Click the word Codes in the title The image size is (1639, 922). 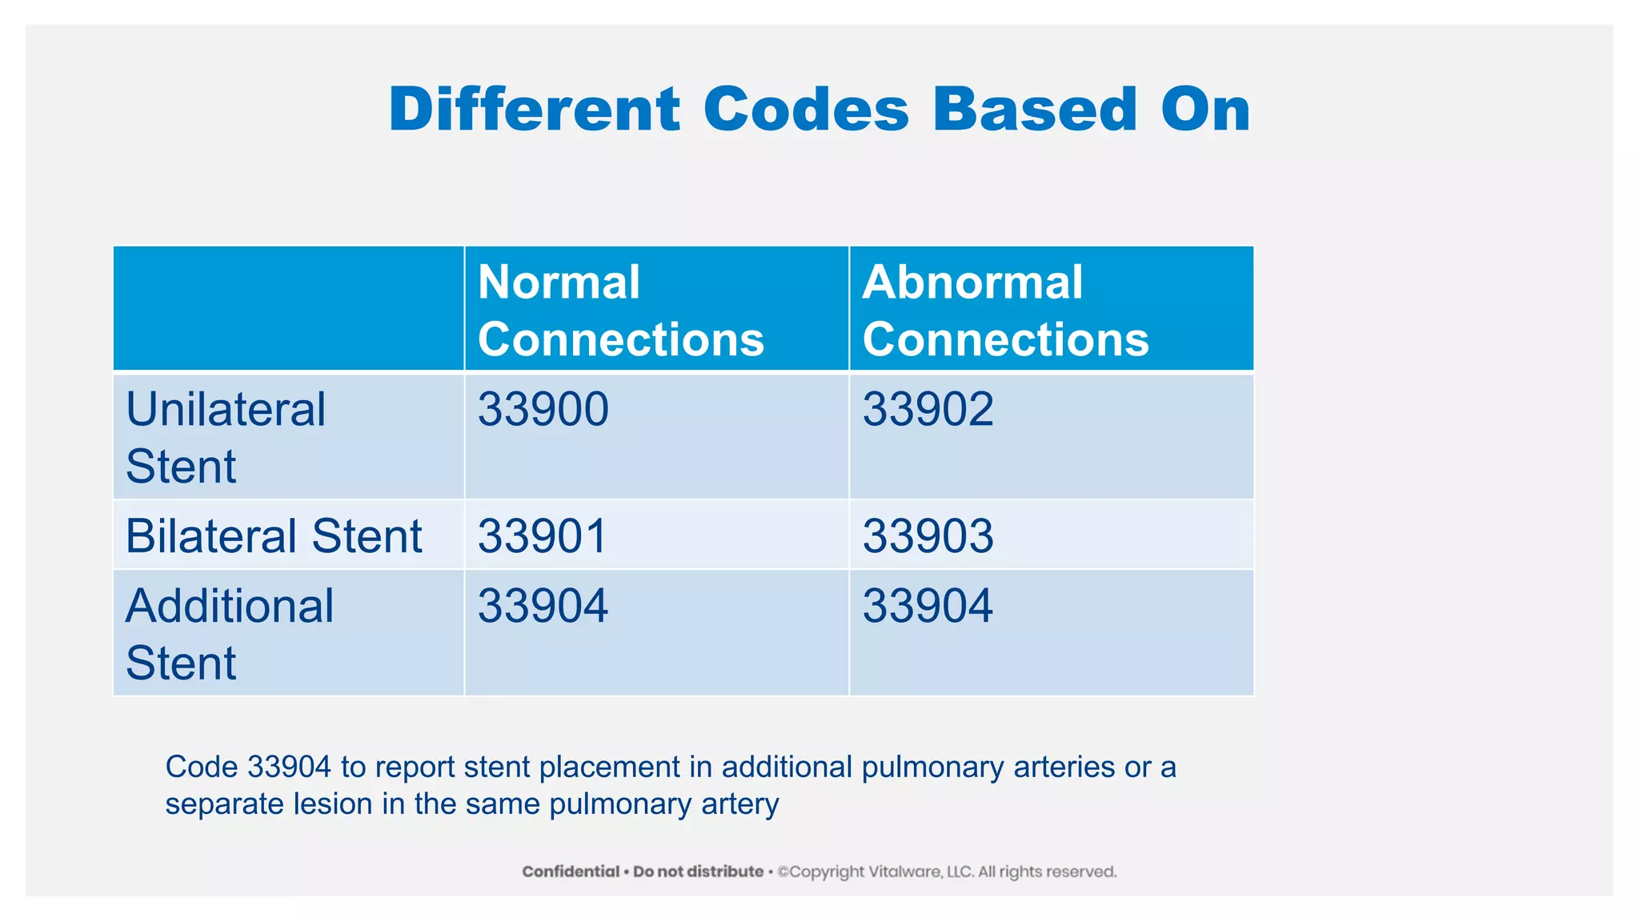(x=806, y=110)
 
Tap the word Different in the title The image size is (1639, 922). (x=534, y=110)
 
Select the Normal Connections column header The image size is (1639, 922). (x=620, y=311)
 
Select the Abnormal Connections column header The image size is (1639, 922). (x=1005, y=311)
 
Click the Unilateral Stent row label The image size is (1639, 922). (x=226, y=437)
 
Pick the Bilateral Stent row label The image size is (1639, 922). (x=274, y=535)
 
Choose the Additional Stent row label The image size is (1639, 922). (x=230, y=633)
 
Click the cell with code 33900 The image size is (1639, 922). (x=543, y=409)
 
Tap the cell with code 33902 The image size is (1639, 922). (x=928, y=409)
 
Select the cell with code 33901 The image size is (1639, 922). (x=543, y=535)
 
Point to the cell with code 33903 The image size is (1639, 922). (x=928, y=535)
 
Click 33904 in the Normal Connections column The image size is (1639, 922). (x=543, y=605)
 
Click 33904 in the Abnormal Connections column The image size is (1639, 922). (x=928, y=605)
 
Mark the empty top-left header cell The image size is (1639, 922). (x=288, y=308)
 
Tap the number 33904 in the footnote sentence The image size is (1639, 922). (x=289, y=767)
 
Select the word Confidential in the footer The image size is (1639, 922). (x=571, y=872)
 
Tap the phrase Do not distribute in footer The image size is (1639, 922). (x=698, y=872)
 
